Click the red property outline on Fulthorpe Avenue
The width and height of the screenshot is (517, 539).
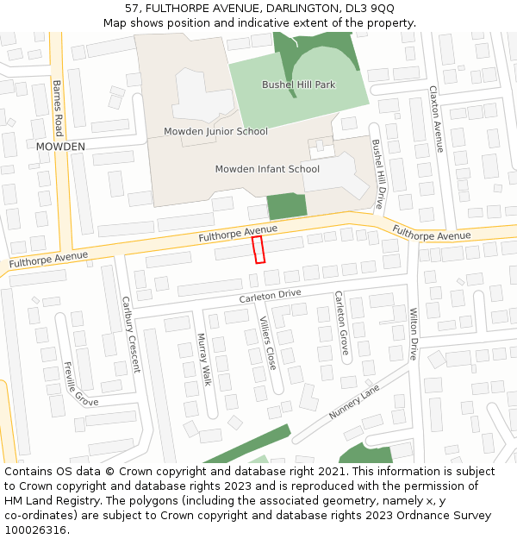pos(258,250)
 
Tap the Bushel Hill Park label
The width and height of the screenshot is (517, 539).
pos(299,85)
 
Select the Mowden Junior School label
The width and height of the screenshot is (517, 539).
pos(215,131)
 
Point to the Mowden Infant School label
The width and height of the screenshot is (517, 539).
pos(267,169)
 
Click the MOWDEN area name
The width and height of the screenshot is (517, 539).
pos(60,147)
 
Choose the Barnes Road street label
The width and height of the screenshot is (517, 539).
pos(58,109)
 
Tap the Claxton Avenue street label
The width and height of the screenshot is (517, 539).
pos(436,119)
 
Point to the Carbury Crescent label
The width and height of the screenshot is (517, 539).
pos(130,335)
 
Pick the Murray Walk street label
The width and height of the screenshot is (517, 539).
pos(204,360)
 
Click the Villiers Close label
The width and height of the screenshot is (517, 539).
pos(267,342)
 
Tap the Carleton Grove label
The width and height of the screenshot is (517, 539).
pos(340,323)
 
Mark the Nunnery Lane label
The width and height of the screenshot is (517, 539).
pos(353,403)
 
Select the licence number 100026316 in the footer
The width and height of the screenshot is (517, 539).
pos(35,530)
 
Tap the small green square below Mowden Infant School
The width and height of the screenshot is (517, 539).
pos(287,207)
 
